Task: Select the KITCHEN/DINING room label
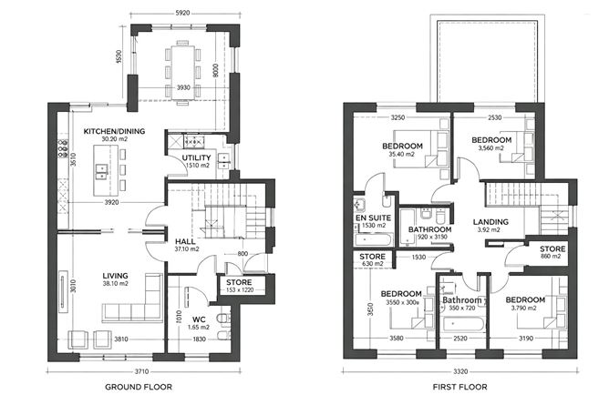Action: click(114, 132)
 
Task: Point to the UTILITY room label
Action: click(196, 157)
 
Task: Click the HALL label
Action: click(185, 241)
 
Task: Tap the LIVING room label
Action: click(115, 275)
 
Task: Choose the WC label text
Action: click(199, 319)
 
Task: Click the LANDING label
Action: click(490, 221)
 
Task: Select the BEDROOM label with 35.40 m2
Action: click(400, 146)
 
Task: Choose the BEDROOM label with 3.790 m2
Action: click(525, 300)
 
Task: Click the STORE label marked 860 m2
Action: click(552, 248)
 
